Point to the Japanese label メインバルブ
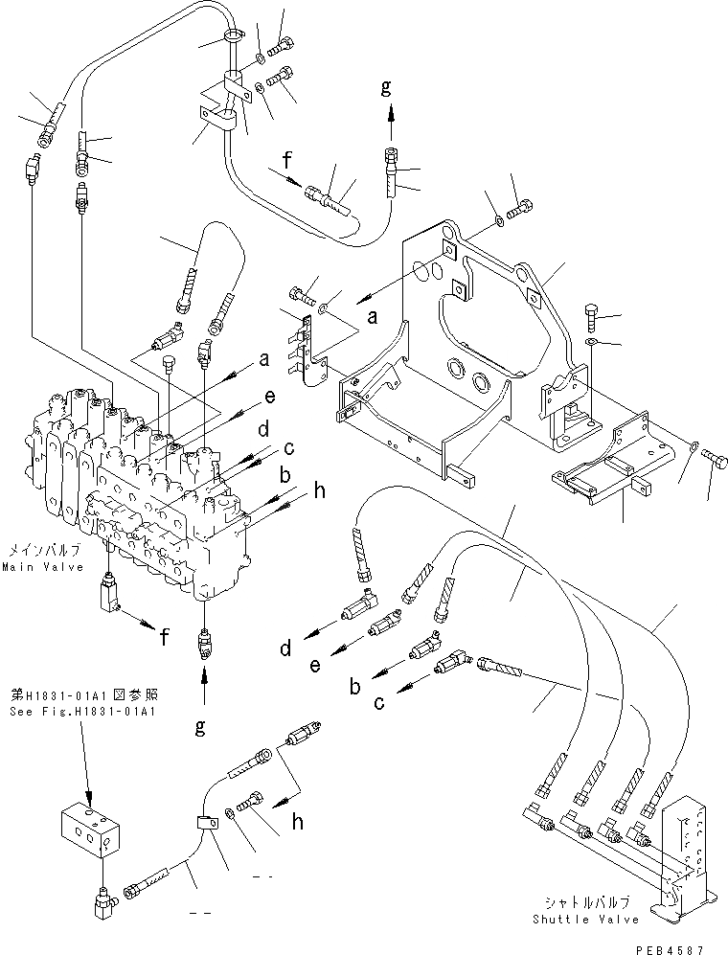pos(41,552)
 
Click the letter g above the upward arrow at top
pos(386,87)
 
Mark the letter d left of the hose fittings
pos(284,651)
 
